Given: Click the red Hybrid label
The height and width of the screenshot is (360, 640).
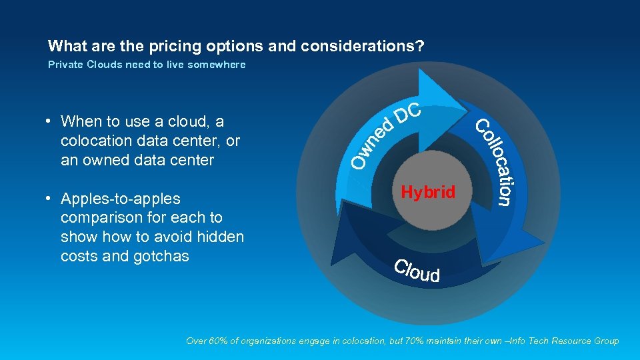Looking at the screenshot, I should (428, 193).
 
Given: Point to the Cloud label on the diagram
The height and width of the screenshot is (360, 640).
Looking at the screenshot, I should (417, 271).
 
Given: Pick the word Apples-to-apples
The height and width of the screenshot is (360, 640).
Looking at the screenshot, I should (120, 199).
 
